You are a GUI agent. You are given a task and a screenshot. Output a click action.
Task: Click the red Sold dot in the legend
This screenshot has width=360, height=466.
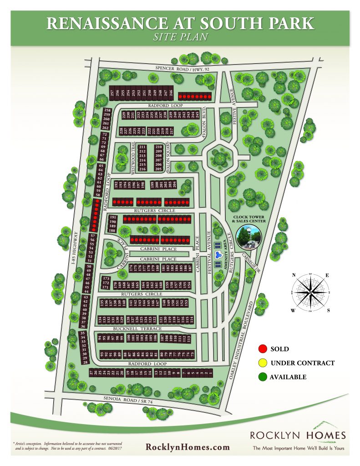point(262,349)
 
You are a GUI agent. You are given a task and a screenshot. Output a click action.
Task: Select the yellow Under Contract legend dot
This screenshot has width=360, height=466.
point(262,363)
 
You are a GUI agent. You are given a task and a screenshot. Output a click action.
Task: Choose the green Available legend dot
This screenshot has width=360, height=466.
point(262,377)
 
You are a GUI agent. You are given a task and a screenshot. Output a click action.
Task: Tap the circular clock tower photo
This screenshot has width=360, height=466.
point(248,239)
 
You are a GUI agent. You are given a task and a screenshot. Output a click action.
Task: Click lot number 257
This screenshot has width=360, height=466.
point(112,93)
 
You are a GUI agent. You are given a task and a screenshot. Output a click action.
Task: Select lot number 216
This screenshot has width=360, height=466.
point(142,169)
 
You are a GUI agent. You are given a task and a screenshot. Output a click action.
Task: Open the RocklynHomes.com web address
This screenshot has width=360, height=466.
point(188,447)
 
